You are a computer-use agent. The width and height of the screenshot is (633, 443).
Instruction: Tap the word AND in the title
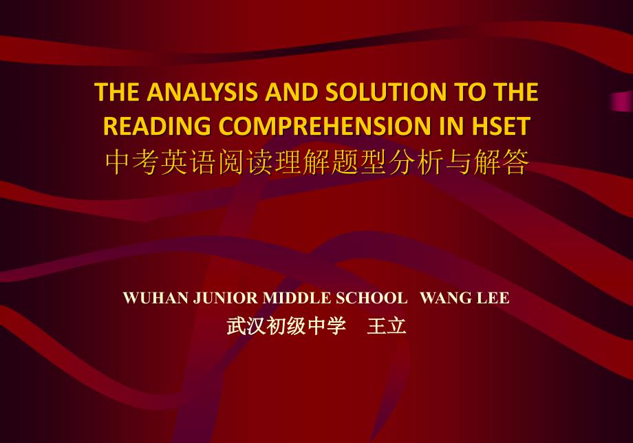[280, 94]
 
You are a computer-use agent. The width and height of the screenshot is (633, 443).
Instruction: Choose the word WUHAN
[148, 298]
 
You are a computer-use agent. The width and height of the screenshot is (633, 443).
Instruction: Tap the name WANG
[443, 298]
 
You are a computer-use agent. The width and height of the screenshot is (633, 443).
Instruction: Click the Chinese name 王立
[387, 326]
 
